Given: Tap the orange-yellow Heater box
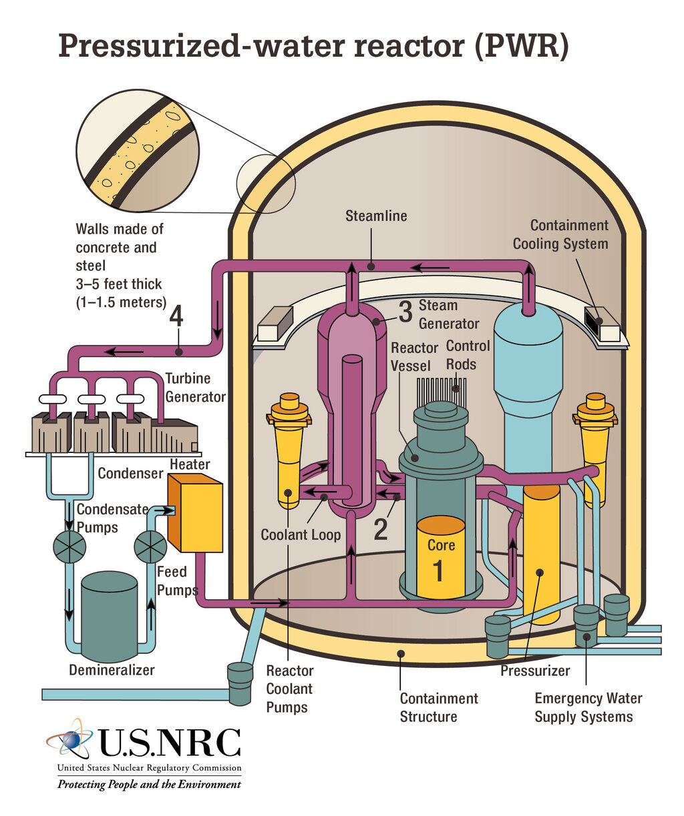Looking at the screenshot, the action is point(195,512).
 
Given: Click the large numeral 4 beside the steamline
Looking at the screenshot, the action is point(176,316).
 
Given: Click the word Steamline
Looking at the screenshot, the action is point(376,216).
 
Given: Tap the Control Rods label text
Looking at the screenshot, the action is point(468,355).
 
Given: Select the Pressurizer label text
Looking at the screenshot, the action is point(535,671).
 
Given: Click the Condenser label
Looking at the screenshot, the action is point(130,473).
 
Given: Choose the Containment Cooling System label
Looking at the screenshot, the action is point(560,234).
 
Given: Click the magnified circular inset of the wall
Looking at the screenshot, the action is point(138,151).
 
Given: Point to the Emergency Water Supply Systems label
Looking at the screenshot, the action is point(588,707).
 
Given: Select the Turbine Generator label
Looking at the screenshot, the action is point(195,387).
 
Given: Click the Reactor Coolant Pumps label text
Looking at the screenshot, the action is point(290,689).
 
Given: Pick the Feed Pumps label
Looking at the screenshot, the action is point(177,580).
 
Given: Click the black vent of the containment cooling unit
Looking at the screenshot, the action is point(594,321).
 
